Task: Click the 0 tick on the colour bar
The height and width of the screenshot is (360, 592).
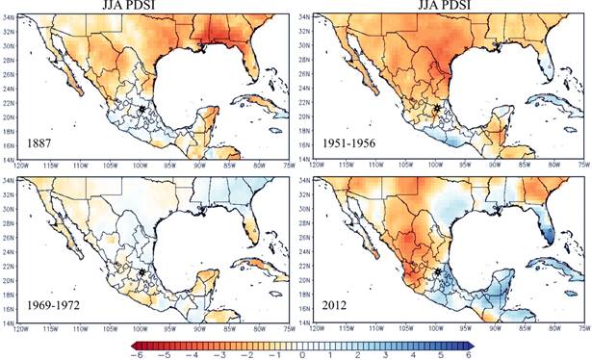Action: (302, 354)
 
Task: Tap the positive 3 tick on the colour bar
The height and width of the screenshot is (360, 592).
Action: (382, 354)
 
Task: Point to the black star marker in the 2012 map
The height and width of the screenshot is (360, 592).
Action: (437, 272)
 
